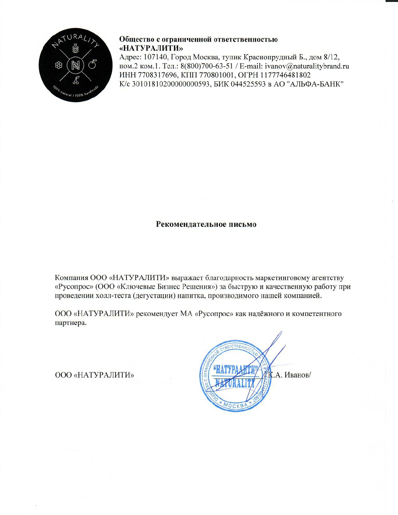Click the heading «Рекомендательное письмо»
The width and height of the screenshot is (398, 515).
206,224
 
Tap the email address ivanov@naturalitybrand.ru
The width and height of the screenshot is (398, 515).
307,66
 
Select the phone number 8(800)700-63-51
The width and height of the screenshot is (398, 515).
206,66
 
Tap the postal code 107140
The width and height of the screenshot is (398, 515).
154,57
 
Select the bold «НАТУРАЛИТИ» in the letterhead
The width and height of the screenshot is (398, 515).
151,48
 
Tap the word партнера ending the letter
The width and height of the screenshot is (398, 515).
71,323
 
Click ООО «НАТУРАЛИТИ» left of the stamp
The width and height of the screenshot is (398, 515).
95,375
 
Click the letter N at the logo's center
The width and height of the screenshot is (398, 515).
75,65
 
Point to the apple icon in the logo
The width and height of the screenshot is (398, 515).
93,64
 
